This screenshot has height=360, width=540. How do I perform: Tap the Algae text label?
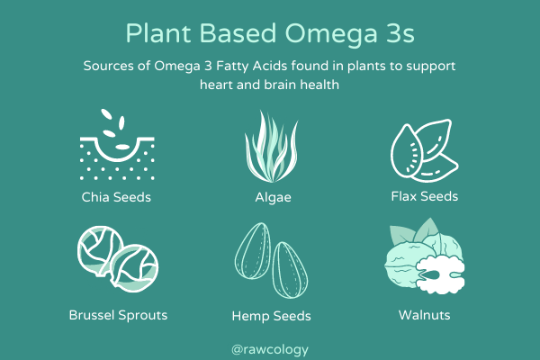(270, 195)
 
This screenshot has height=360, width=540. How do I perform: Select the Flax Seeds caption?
(424, 195)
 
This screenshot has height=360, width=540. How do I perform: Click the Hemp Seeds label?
(272, 316)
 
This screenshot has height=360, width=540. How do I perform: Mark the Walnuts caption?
(424, 315)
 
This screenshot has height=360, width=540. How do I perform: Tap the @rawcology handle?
(270, 344)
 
